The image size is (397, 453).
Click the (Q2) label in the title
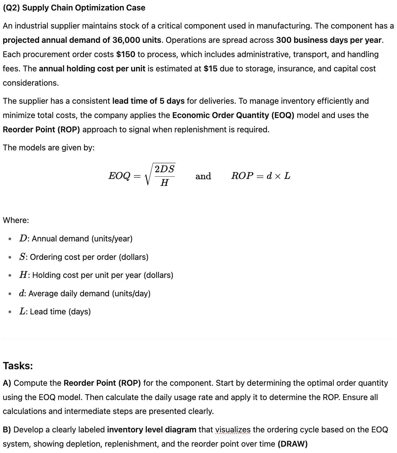coord(11,8)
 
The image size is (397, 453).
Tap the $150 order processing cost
coord(126,55)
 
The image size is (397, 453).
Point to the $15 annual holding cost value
coord(210,69)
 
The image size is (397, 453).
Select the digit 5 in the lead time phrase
coord(162,101)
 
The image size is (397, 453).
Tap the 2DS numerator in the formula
coord(165,169)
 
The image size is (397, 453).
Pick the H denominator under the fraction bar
coord(164,183)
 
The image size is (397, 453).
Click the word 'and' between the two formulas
coord(203,176)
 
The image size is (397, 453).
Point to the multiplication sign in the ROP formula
coord(277,176)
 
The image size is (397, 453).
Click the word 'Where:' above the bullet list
coord(16,220)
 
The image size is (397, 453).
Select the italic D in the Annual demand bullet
coord(23,239)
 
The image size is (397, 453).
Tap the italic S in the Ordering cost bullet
coord(22,257)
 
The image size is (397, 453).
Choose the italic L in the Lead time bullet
coord(22,312)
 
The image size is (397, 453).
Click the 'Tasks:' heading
coord(18,366)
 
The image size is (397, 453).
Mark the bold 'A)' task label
coord(7,383)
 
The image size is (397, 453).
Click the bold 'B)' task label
coord(7,430)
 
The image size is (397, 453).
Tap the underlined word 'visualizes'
coord(233,430)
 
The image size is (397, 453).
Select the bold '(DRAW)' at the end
coord(292,444)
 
